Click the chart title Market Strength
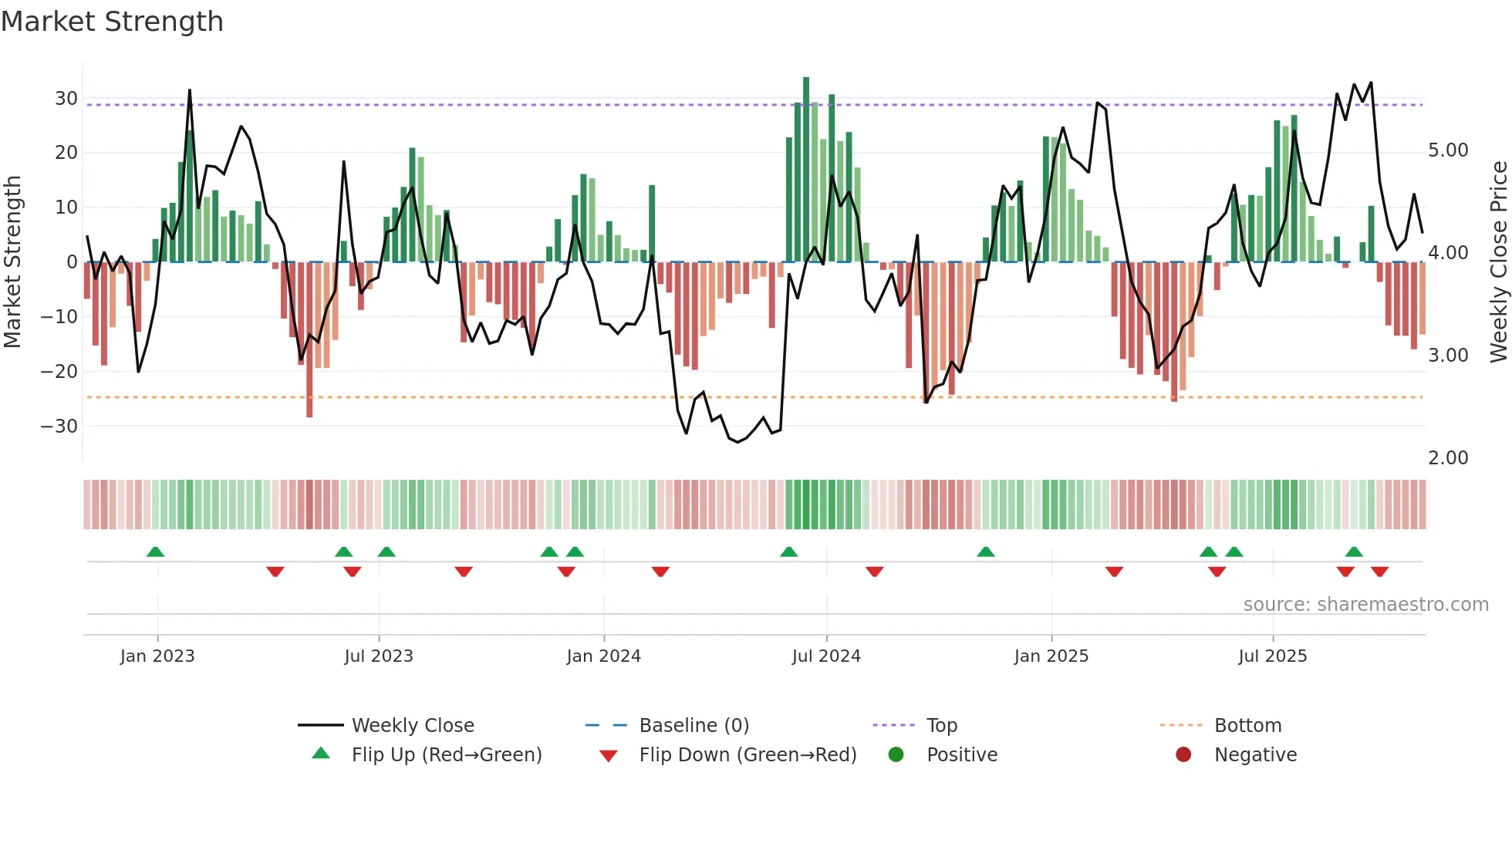[112, 22]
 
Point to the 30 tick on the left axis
[66, 99]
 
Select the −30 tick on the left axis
[59, 427]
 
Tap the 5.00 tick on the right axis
[1448, 150]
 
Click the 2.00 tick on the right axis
[1448, 458]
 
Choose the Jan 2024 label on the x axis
[603, 656]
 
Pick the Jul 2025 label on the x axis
[1272, 656]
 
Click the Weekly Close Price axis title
[1498, 262]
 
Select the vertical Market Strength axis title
[12, 262]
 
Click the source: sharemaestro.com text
[1365, 605]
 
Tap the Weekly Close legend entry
[412, 726]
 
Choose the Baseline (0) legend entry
[694, 726]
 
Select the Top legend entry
[941, 726]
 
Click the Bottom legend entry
[1247, 726]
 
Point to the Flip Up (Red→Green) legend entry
[446, 755]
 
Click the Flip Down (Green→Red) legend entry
[747, 755]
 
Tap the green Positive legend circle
[896, 755]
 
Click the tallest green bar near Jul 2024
[805, 170]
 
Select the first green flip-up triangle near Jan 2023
[155, 552]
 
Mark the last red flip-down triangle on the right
[1379, 572]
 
